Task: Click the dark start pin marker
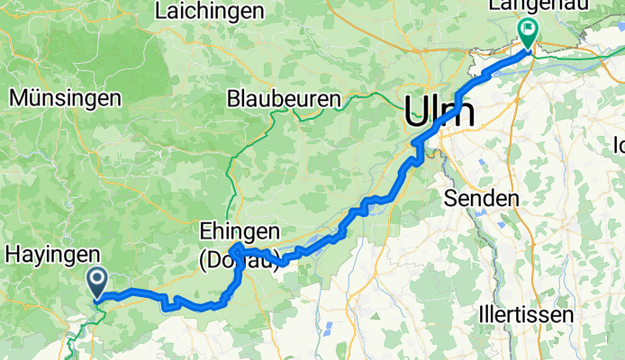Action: pos(97,283)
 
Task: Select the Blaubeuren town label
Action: pos(285,98)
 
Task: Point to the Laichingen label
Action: pos(210,12)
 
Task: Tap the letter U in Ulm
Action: pos(417,112)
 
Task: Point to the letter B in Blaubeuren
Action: pos(234,98)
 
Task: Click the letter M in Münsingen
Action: pos(15,97)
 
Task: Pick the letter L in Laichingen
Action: pos(161,12)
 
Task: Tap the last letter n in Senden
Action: pos(512,198)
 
